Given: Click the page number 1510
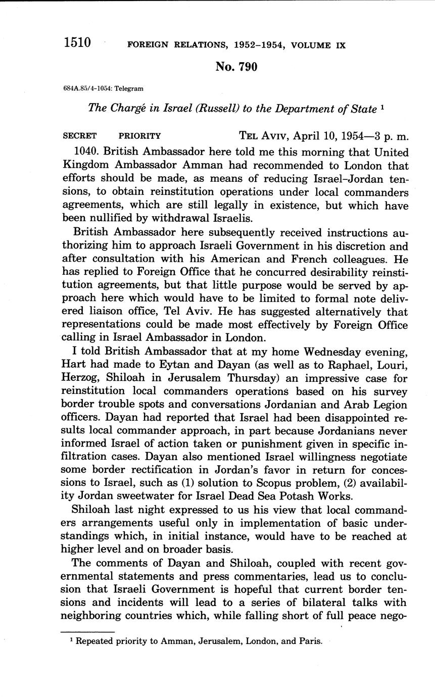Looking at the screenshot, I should (x=77, y=42).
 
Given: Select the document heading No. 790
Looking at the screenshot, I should (x=236, y=67).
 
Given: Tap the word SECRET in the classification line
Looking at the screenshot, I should (x=80, y=136).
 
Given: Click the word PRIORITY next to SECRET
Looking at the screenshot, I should (x=139, y=136).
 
